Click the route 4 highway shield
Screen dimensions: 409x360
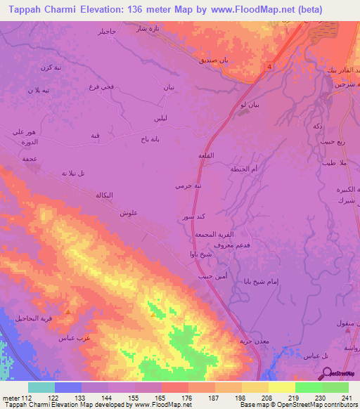(x=269, y=67)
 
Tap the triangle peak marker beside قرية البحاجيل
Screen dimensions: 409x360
(x=68, y=311)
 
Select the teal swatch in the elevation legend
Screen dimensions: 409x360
(x=41, y=387)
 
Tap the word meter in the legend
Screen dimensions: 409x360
(x=11, y=398)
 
